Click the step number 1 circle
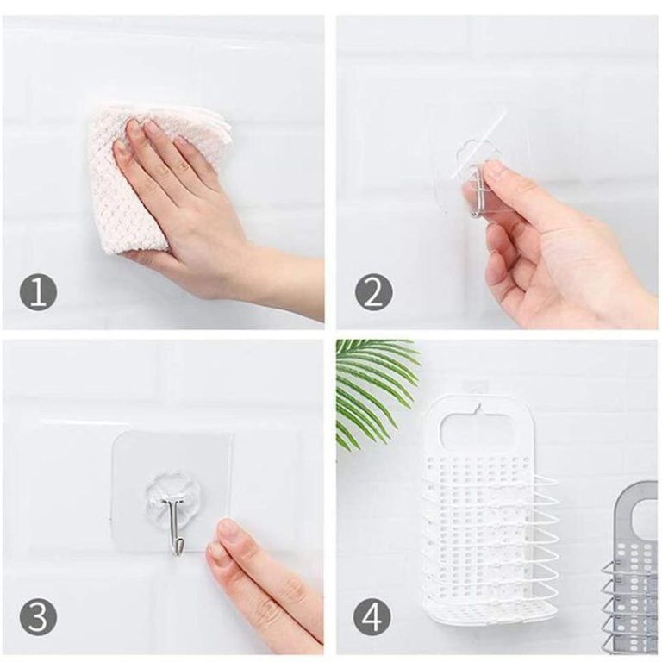(38, 292)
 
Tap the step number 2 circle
(373, 292)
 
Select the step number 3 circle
(38, 618)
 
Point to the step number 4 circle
(373, 618)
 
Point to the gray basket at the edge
(632, 570)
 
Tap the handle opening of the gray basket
(645, 512)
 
